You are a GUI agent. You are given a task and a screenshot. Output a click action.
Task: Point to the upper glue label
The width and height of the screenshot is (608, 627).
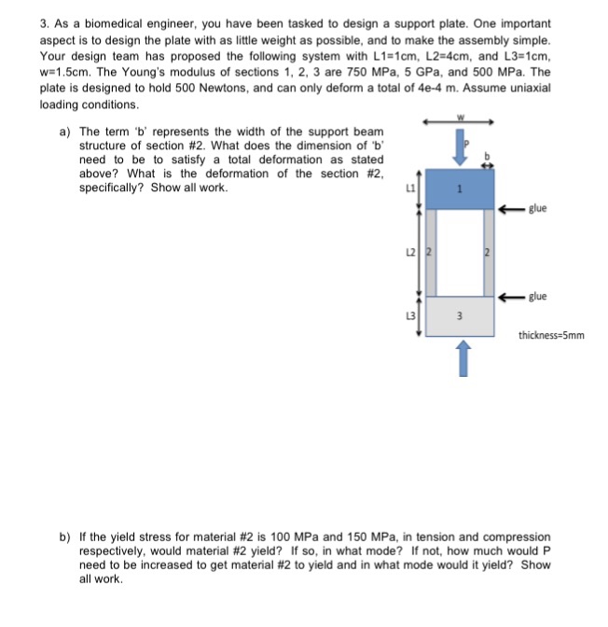538,208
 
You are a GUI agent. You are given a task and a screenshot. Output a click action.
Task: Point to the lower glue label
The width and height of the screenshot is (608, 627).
538,297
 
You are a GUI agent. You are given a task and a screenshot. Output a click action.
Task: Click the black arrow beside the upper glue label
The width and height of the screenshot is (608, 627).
511,208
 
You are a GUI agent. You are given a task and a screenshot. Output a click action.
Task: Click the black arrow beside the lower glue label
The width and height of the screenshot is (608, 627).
511,297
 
